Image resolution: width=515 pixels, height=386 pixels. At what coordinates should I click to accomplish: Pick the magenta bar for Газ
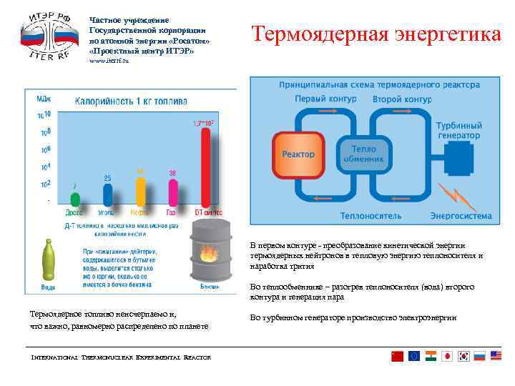tap(172, 192)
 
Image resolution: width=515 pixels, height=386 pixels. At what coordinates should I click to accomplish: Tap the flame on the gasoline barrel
tap(208, 254)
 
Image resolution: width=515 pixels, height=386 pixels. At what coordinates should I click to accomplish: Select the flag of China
tap(397, 356)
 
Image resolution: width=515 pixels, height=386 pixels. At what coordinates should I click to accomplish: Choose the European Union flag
tap(413, 356)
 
